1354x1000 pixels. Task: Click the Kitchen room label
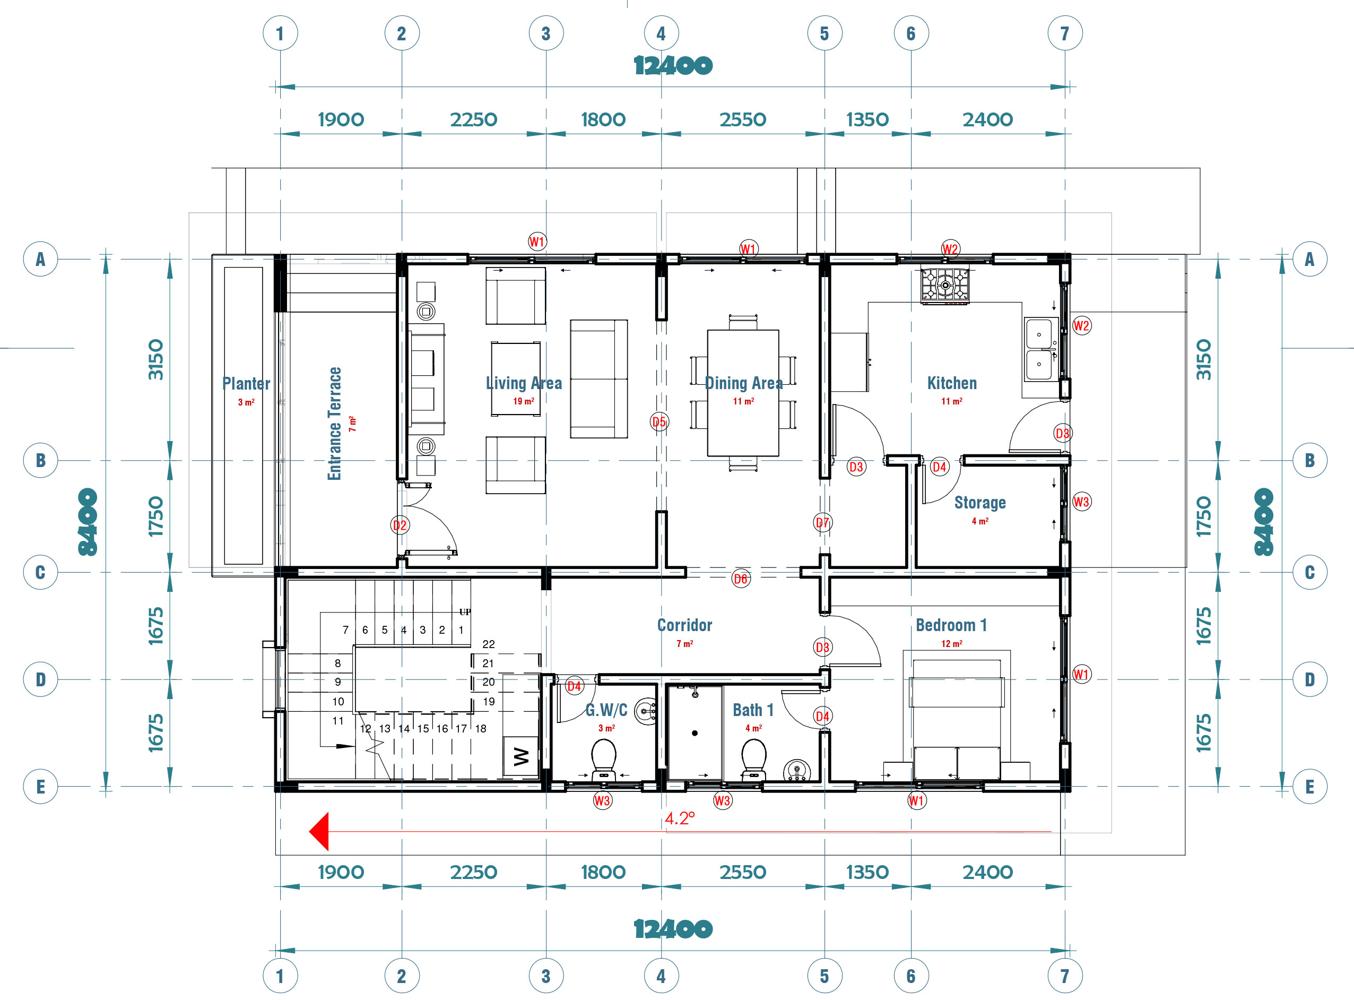tap(952, 383)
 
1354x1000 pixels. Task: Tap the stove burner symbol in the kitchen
tap(945, 285)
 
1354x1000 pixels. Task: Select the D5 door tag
tap(659, 421)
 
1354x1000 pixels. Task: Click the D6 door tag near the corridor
tap(741, 579)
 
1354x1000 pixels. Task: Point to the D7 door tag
tap(822, 522)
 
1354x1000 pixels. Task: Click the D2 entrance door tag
tap(400, 525)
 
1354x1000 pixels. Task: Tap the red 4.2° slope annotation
tap(680, 818)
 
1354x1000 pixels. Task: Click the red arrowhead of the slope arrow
tap(319, 831)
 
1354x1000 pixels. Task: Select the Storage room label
tap(979, 503)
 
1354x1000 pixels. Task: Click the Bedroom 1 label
tap(951, 625)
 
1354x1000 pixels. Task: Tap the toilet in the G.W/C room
tap(603, 760)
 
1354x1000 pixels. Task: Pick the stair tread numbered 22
tap(488, 644)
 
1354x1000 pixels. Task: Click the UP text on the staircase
tap(465, 611)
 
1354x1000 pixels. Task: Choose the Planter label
tap(246, 383)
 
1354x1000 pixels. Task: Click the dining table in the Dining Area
tap(743, 393)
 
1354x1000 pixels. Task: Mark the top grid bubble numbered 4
tap(661, 33)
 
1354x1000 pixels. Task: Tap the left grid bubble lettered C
tap(40, 572)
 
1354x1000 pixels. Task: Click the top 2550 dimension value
tap(742, 119)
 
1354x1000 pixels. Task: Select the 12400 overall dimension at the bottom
tap(673, 928)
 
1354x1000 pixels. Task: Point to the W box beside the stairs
tap(521, 756)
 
